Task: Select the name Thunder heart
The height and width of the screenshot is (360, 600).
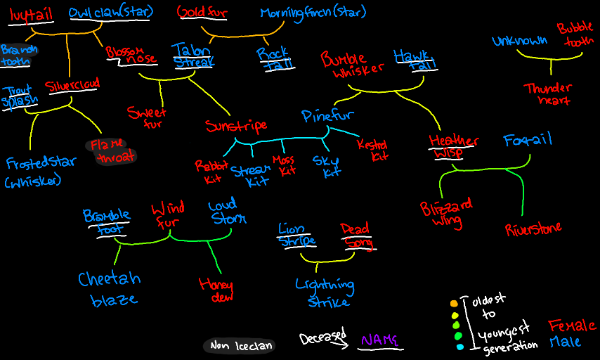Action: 547,94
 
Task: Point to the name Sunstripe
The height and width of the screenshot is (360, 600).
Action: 236,126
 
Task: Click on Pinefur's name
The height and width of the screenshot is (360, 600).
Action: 327,115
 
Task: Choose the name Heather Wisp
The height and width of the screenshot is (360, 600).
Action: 453,146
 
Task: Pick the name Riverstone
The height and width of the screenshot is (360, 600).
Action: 533,229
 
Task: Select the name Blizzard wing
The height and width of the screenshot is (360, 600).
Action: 446,213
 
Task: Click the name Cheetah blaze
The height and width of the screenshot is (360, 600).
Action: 109,288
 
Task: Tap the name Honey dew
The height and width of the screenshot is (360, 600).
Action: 216,290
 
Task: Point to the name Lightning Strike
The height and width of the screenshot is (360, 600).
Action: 325,292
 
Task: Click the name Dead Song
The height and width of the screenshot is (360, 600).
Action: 357,236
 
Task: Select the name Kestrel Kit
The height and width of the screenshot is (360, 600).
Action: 372,149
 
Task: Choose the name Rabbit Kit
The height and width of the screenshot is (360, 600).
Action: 208,171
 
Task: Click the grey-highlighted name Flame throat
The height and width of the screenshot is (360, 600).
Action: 111,150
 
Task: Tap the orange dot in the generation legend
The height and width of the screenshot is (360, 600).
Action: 454,304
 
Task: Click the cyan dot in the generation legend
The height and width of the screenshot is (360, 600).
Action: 459,347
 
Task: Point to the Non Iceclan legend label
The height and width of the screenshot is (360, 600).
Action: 238,345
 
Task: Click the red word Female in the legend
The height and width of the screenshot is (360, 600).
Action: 571,326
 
